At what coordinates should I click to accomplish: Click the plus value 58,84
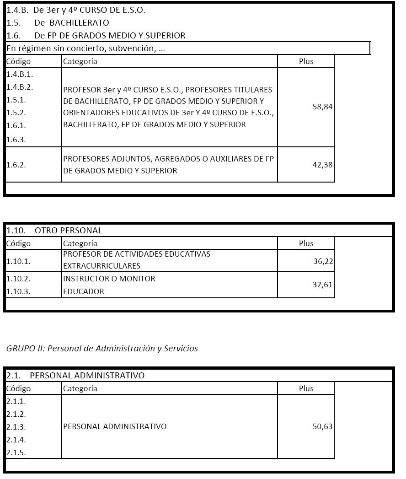pyautogui.click(x=322, y=107)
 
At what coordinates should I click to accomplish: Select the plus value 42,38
pyautogui.click(x=322, y=165)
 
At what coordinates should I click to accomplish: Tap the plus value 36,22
pyautogui.click(x=323, y=261)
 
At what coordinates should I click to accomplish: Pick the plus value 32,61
pyautogui.click(x=323, y=285)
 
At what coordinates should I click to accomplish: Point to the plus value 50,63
pyautogui.click(x=323, y=426)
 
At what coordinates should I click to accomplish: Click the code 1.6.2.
pyautogui.click(x=16, y=165)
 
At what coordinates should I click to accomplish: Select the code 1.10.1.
pyautogui.click(x=18, y=261)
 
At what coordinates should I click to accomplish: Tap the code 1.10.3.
pyautogui.click(x=18, y=291)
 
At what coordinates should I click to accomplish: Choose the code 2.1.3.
pyautogui.click(x=16, y=427)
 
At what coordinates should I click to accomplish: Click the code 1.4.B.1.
pyautogui.click(x=20, y=74)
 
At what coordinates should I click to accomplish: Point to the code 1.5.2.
pyautogui.click(x=16, y=113)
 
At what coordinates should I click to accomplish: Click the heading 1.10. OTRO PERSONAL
pyautogui.click(x=54, y=231)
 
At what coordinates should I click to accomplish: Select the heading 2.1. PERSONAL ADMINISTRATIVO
pyautogui.click(x=75, y=376)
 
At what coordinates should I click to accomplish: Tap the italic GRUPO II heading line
pyautogui.click(x=102, y=349)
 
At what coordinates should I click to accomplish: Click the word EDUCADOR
pyautogui.click(x=84, y=291)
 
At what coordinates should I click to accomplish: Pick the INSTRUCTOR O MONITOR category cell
pyautogui.click(x=109, y=279)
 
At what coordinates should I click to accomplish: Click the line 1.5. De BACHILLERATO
pyautogui.click(x=58, y=22)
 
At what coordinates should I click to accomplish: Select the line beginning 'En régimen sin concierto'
pyautogui.click(x=86, y=48)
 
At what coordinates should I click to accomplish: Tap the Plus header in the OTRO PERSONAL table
pyautogui.click(x=306, y=243)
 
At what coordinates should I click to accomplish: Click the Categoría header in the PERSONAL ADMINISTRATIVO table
pyautogui.click(x=80, y=388)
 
